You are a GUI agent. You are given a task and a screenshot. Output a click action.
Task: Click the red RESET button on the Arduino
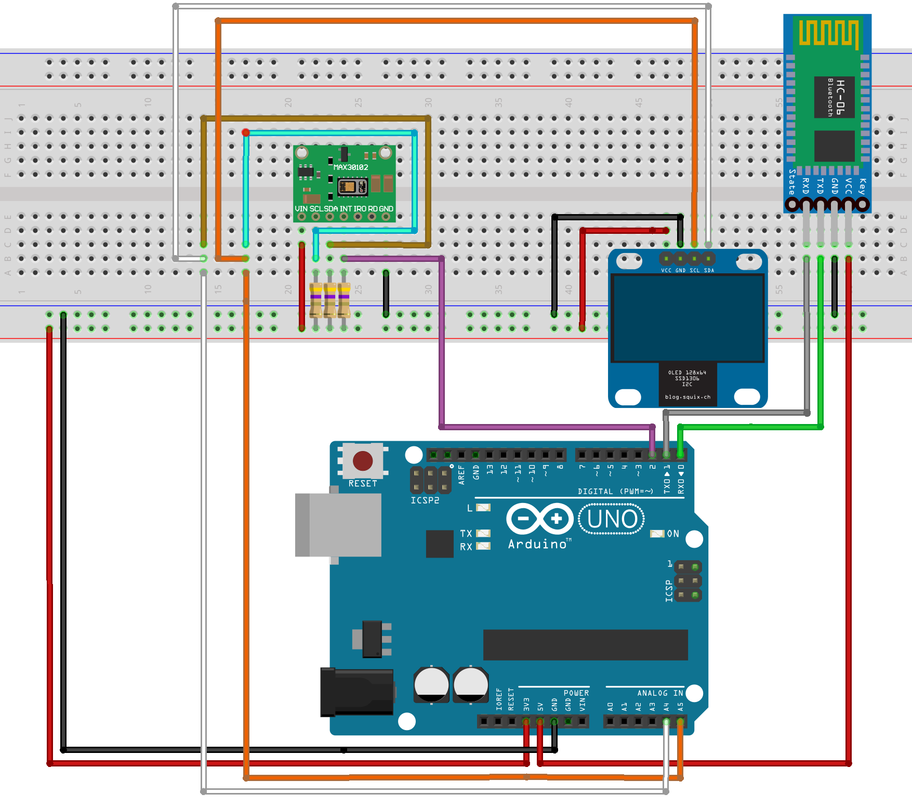(x=363, y=461)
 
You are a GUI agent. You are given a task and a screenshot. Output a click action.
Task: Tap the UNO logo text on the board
(x=612, y=519)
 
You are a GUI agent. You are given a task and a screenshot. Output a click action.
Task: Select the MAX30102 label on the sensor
(x=351, y=167)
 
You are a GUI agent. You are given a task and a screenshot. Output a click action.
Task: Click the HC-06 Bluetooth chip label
(x=840, y=97)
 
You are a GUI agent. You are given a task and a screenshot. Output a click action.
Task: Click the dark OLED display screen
(x=688, y=318)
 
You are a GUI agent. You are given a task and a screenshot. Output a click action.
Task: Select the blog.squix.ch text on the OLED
(x=688, y=397)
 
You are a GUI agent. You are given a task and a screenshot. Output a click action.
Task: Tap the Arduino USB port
(x=338, y=525)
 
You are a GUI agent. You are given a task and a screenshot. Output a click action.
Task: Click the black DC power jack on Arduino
(x=357, y=692)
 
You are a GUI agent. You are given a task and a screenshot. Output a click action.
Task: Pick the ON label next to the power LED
(x=673, y=534)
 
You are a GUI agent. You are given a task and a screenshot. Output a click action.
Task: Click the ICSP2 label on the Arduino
(x=425, y=500)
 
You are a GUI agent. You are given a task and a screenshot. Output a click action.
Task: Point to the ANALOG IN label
(x=660, y=693)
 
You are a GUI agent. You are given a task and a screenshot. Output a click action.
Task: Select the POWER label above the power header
(x=576, y=693)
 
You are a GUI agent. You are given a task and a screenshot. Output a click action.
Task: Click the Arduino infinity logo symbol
(x=540, y=519)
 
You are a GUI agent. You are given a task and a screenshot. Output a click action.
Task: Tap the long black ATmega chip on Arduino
(x=585, y=645)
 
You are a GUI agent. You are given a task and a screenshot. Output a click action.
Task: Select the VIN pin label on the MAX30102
(x=301, y=209)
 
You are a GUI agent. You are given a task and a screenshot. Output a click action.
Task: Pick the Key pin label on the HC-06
(x=863, y=186)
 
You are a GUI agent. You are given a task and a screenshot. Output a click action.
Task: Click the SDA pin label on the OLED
(x=709, y=270)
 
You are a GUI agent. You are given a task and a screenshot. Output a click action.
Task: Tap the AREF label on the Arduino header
(x=461, y=474)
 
